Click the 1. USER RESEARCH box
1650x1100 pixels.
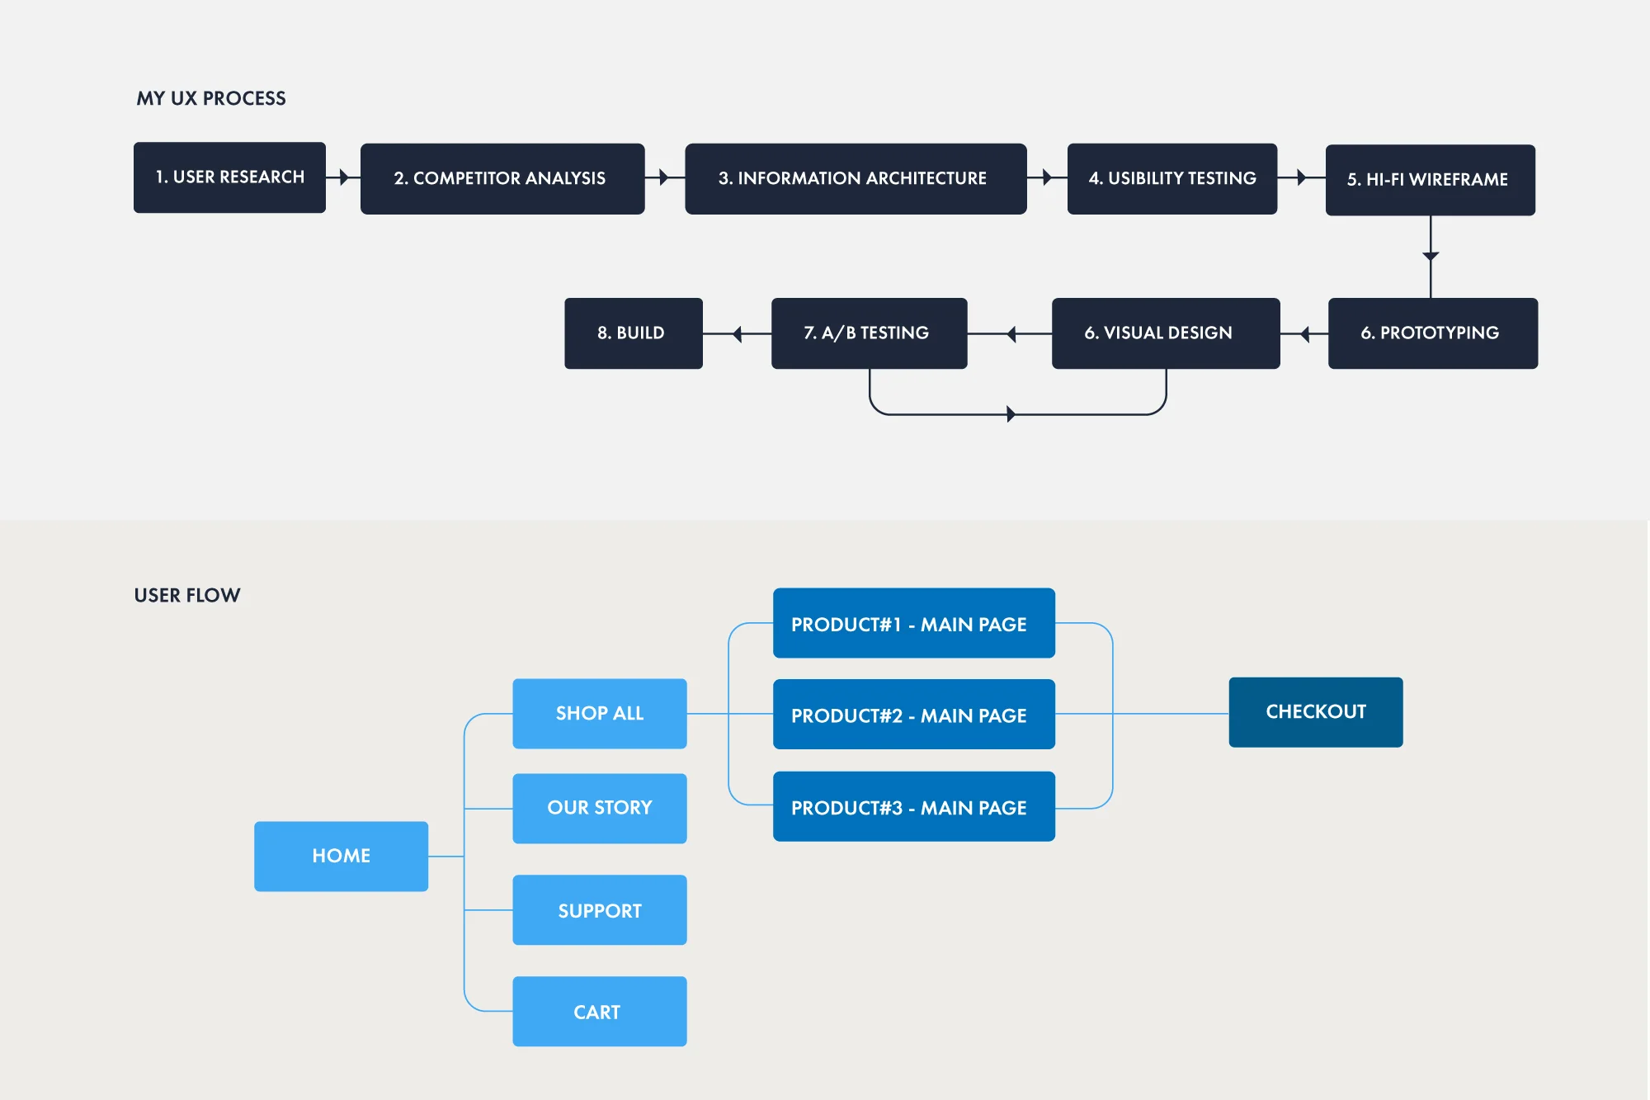tap(229, 177)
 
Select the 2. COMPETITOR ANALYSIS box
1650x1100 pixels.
tap(502, 179)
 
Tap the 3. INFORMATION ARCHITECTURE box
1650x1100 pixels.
tap(856, 179)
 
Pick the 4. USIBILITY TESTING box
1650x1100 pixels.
tap(1171, 179)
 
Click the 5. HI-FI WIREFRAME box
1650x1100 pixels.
tap(1430, 180)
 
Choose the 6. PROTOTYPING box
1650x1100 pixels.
tap(1432, 333)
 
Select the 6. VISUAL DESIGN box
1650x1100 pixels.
tap(1165, 333)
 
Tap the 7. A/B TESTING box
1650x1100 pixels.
tap(869, 333)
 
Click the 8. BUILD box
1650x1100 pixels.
tap(633, 333)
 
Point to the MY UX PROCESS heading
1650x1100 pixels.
tap(211, 98)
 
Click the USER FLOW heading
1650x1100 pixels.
tap(187, 595)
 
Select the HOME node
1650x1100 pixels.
tap(341, 856)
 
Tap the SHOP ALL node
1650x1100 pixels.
tap(599, 713)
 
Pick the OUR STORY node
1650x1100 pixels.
tap(599, 808)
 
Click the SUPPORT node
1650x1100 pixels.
tap(599, 910)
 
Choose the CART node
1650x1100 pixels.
tap(599, 1012)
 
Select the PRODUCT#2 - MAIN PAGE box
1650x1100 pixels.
tap(913, 715)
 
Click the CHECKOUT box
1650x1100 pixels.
tap(1315, 712)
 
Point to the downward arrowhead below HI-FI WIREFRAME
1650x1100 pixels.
tap(1431, 257)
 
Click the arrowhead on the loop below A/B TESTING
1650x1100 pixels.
tap(1011, 414)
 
